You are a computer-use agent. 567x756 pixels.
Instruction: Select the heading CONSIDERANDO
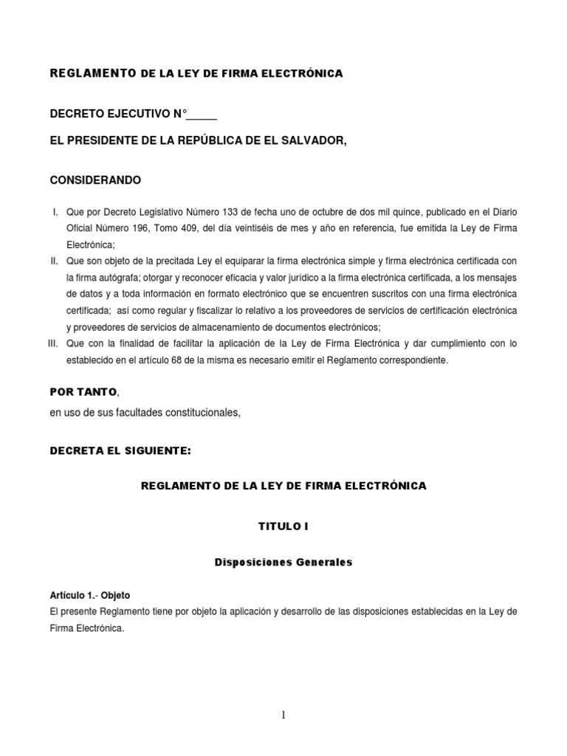coord(95,180)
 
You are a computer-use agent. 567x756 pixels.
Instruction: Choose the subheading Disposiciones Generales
coord(283,563)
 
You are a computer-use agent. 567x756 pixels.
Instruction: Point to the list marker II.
coord(54,261)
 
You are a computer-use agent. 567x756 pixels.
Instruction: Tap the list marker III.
coord(52,343)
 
